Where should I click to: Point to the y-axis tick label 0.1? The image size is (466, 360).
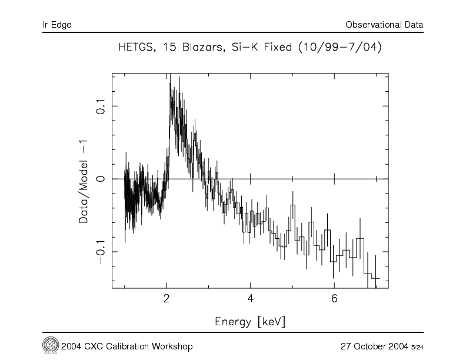coord(99,106)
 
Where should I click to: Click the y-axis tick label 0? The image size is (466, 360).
coord(99,179)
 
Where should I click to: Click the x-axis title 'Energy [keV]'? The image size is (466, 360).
coord(251,322)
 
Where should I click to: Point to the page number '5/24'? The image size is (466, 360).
coord(417,346)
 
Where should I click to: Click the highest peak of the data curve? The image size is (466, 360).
coord(170,84)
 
